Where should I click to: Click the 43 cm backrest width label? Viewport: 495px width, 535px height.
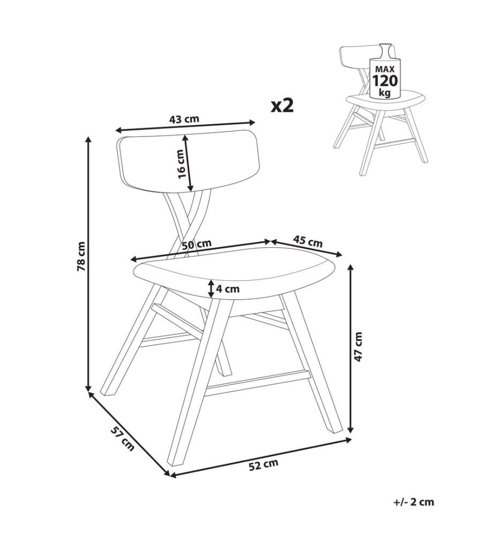[184, 119]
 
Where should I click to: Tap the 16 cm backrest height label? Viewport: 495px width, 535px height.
[182, 164]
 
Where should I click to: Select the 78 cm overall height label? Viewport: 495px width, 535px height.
[81, 256]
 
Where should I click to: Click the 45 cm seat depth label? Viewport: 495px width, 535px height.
[308, 241]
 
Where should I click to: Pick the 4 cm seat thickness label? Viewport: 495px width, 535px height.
[228, 289]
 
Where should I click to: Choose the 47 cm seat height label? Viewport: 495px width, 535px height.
[358, 346]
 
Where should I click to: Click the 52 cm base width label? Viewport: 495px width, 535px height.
[264, 465]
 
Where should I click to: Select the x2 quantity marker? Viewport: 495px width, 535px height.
[282, 106]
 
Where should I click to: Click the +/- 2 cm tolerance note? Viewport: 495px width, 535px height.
[414, 502]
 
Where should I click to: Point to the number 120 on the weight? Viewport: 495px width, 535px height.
[385, 81]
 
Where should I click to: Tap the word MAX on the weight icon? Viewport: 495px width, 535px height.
[385, 69]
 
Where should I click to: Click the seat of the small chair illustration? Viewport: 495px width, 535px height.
[386, 101]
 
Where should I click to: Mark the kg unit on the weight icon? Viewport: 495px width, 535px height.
[385, 92]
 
